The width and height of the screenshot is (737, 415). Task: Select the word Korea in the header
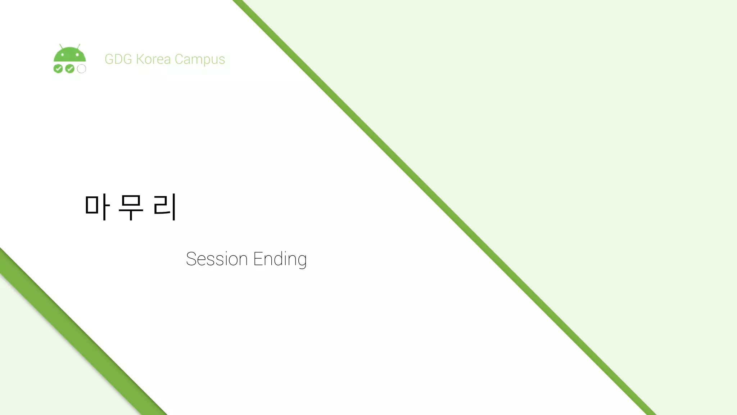153,59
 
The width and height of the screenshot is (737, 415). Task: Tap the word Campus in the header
200,59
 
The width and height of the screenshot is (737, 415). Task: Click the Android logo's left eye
63,55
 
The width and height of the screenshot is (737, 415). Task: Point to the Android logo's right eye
77,55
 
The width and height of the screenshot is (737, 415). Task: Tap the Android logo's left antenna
61,46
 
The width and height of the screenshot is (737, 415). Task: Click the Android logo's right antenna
79,46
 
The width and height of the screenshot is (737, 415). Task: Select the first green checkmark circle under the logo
58,68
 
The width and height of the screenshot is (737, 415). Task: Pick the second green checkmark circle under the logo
70,68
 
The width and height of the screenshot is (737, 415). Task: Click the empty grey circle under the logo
82,68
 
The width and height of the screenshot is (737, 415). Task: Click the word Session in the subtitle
217,259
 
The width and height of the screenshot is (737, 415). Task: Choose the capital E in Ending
257,259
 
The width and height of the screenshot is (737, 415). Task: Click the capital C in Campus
179,59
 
